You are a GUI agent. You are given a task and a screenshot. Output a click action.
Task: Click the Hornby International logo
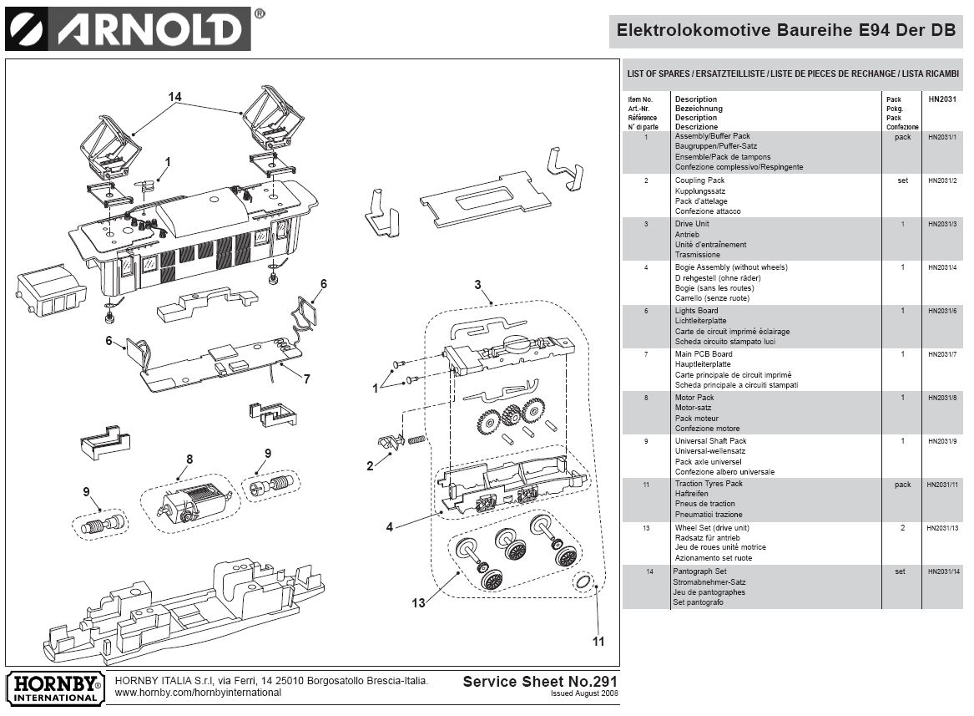click(x=55, y=687)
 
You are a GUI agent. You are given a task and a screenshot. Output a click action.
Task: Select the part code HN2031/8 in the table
click(x=943, y=398)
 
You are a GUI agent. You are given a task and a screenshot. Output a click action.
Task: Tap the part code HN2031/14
click(x=943, y=571)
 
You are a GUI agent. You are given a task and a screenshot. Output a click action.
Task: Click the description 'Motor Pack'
click(x=694, y=398)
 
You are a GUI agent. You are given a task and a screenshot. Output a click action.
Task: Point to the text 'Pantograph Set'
click(x=699, y=571)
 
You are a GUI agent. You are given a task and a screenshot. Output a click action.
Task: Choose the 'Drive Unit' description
click(x=692, y=224)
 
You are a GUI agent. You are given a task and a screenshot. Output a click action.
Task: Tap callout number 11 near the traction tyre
click(x=598, y=642)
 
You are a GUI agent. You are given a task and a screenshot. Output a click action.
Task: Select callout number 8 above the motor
click(x=189, y=459)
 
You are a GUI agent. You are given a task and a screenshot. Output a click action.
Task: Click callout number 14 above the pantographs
click(x=174, y=97)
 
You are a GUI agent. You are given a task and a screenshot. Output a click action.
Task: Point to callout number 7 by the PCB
click(x=306, y=379)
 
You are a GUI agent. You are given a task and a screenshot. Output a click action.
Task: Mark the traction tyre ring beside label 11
click(x=584, y=581)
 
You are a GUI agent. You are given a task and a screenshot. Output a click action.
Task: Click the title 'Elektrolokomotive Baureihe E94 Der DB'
click(x=785, y=31)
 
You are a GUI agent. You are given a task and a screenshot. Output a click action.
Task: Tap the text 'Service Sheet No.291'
click(x=540, y=681)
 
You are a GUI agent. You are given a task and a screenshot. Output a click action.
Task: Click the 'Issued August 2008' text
click(x=584, y=694)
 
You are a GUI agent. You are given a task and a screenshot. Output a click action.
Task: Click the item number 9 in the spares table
click(x=646, y=441)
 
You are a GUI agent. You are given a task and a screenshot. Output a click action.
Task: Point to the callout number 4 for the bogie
click(x=389, y=527)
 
